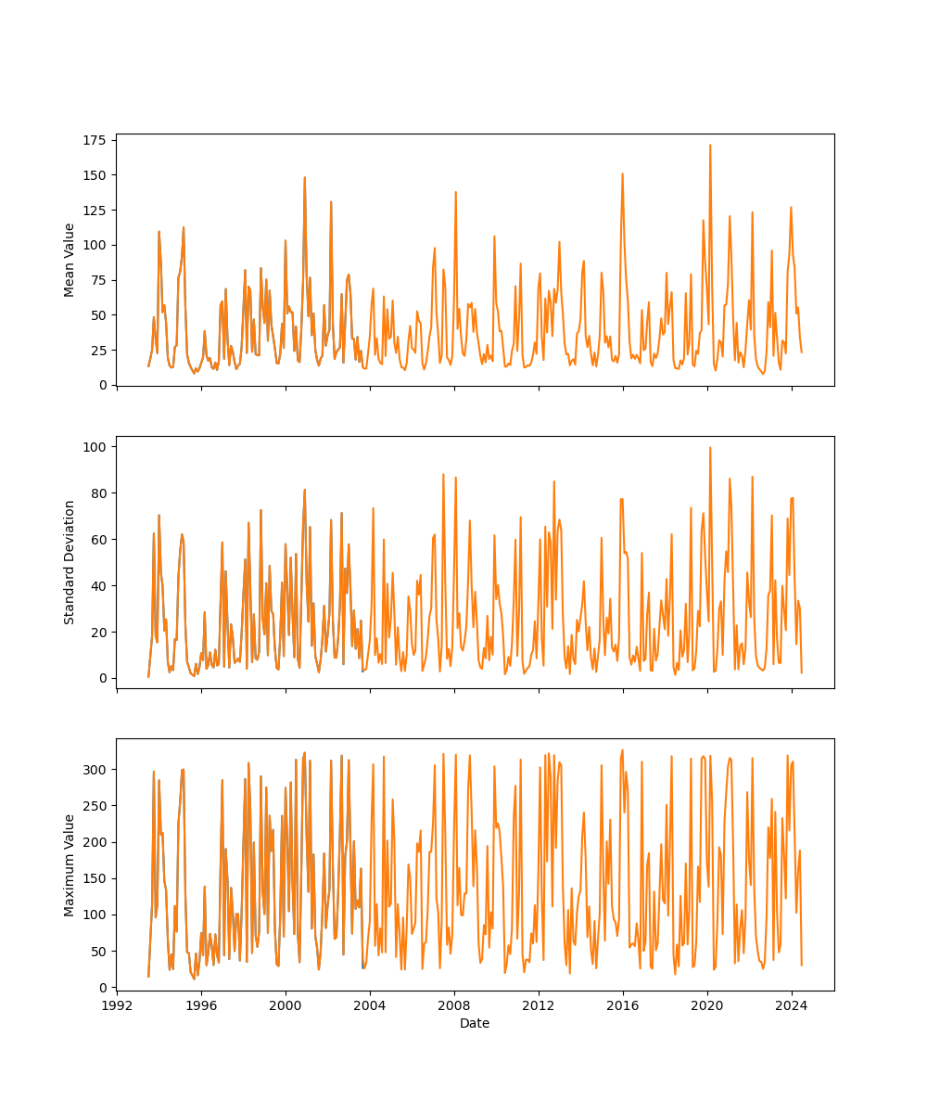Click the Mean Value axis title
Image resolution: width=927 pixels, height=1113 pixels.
pos(70,260)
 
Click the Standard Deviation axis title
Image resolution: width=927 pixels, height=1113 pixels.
pos(70,562)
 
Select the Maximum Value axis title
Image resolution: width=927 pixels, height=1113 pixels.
pos(70,864)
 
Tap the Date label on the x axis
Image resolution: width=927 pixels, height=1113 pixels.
pos(475,1023)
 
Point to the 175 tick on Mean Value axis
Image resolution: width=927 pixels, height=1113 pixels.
pos(95,140)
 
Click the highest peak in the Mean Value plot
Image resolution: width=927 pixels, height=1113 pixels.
pos(710,146)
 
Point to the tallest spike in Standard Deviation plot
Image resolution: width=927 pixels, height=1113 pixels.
pos(710,448)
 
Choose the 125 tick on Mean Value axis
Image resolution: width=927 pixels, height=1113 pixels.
pos(95,211)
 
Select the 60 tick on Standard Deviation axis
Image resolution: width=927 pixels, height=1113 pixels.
pos(97,540)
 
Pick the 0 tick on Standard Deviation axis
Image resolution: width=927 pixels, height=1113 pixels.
pos(101,678)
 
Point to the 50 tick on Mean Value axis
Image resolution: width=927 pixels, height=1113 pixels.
pos(97,315)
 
